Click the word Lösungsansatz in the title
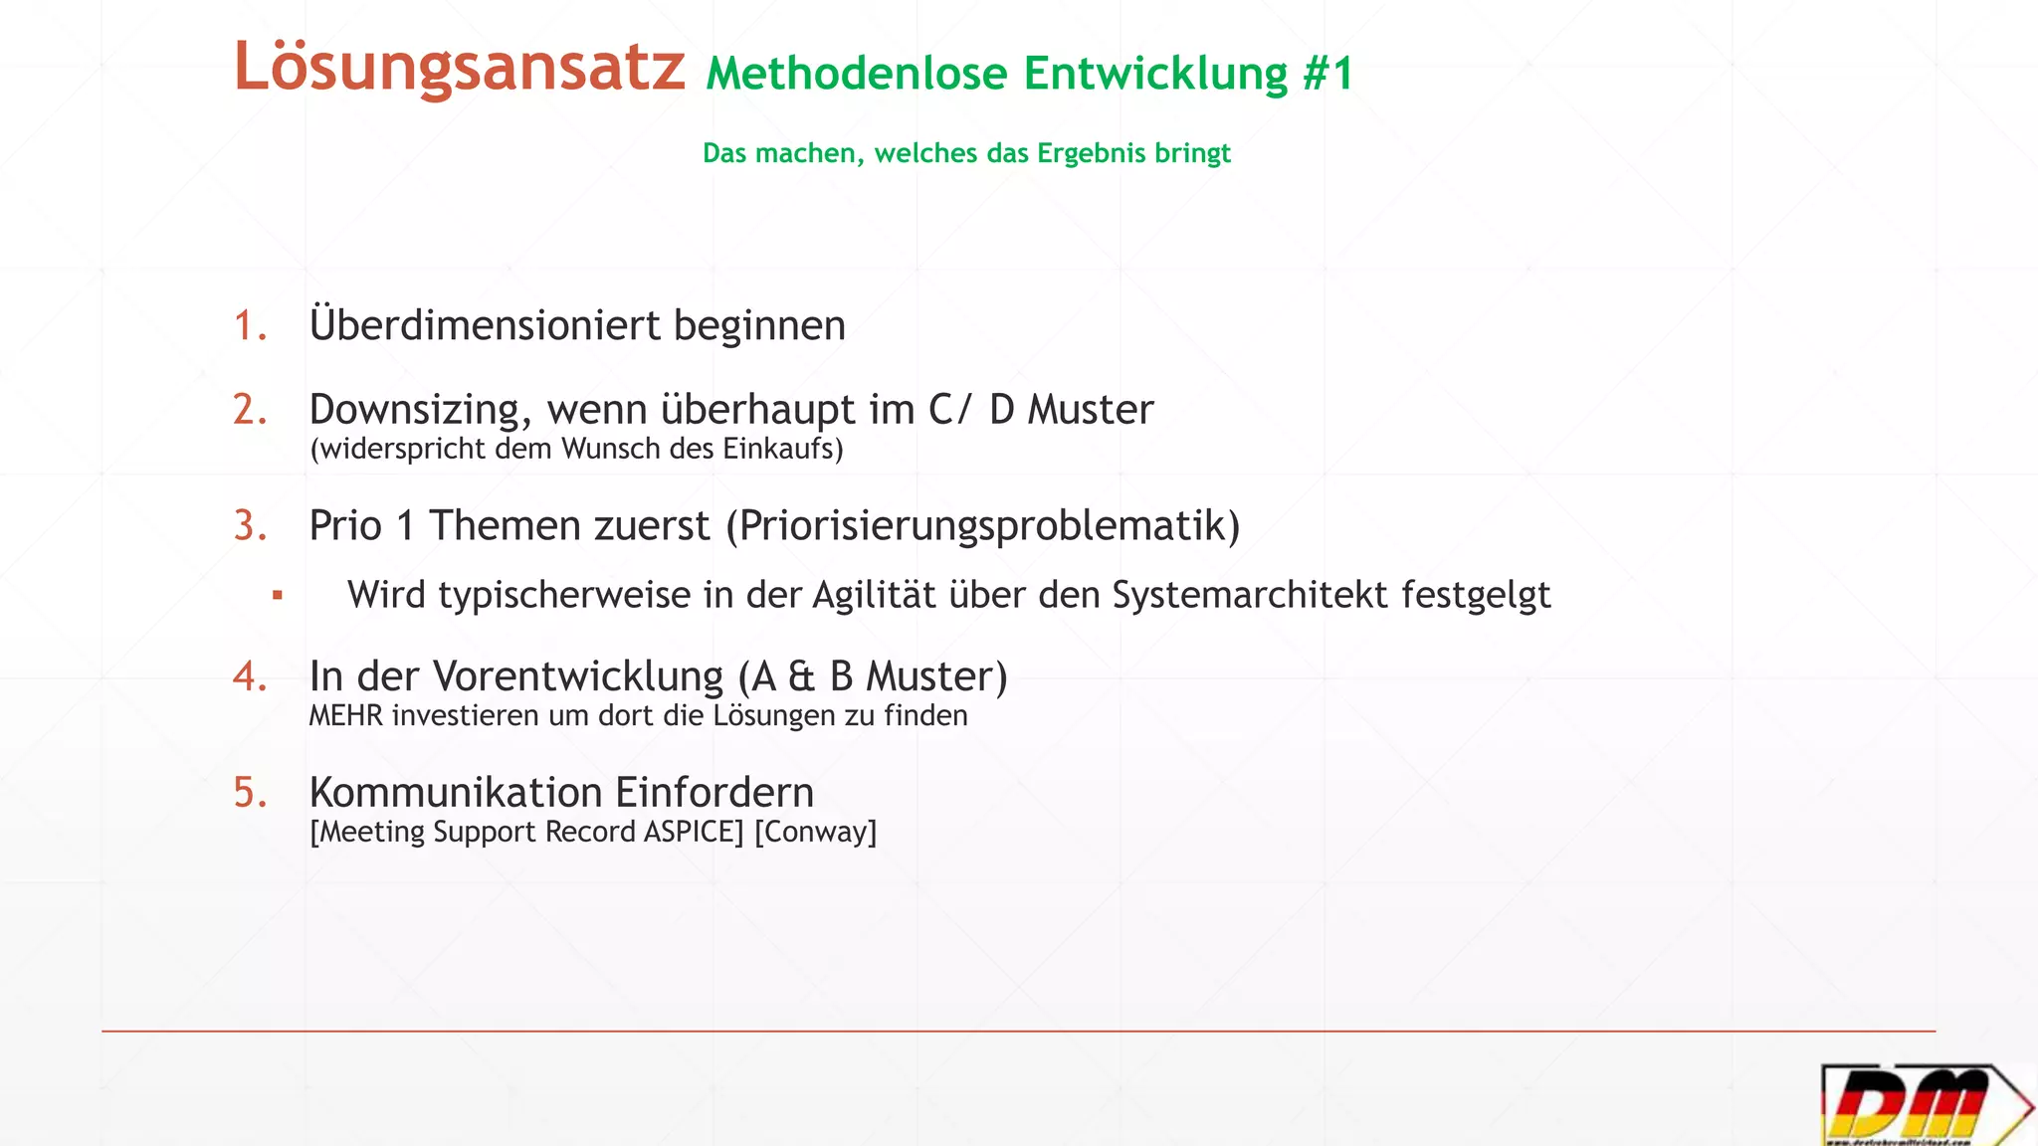459,68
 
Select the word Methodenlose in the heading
857,74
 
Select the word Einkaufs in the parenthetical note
782,449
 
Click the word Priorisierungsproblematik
982,526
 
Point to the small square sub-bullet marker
278,596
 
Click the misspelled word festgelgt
1476,595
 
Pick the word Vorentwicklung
577,676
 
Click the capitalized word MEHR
345,716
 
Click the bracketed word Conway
816,832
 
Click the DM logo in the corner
1923,1104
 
